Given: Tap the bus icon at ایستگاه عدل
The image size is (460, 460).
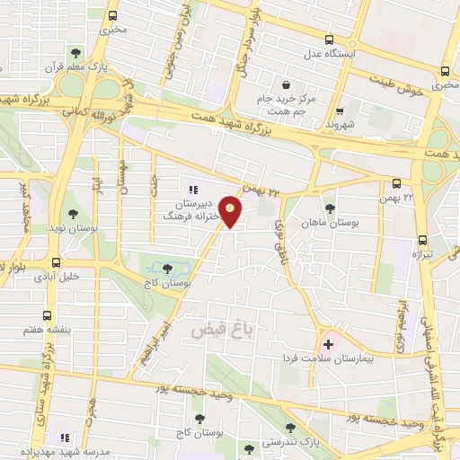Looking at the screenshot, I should pyautogui.click(x=328, y=40).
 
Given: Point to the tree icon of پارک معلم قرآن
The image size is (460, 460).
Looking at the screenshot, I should pyautogui.click(x=76, y=53).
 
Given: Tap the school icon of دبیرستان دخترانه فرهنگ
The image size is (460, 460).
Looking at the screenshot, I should pyautogui.click(x=192, y=189).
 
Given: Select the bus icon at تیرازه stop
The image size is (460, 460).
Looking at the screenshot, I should pyautogui.click(x=423, y=240).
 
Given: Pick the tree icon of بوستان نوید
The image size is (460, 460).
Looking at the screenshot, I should pyautogui.click(x=70, y=215).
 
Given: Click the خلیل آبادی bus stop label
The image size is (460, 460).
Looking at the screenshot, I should pyautogui.click(x=80, y=278).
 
